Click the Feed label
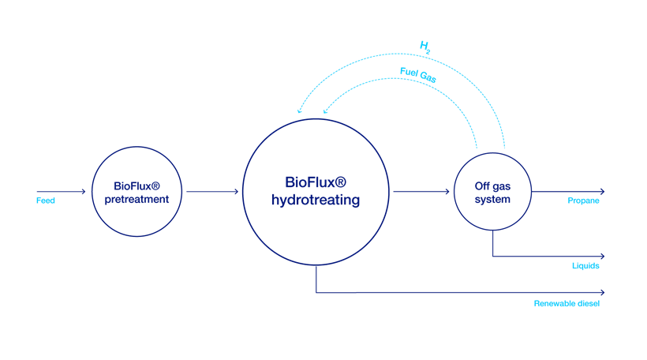tap(46, 201)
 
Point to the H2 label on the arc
tap(425, 48)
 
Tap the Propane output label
tap(583, 201)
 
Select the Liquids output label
tap(585, 265)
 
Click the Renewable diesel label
tap(567, 303)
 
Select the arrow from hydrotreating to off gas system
tap(420, 191)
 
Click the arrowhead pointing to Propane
tap(602, 191)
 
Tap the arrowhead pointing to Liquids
tap(602, 256)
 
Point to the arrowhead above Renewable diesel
tap(602, 293)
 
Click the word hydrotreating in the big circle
tap(315, 201)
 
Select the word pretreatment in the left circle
tap(137, 199)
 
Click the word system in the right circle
tap(492, 199)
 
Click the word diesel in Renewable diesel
tap(588, 303)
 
